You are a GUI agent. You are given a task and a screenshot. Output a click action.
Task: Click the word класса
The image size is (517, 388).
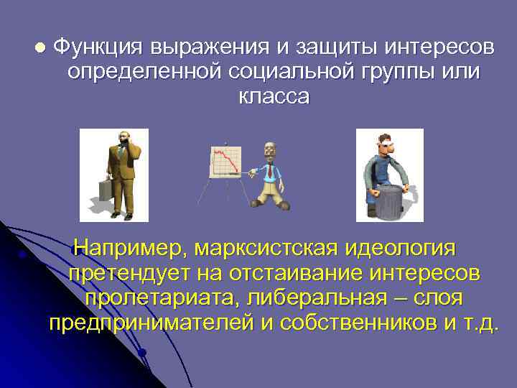(274, 97)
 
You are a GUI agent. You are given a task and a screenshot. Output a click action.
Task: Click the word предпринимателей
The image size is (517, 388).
(151, 323)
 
